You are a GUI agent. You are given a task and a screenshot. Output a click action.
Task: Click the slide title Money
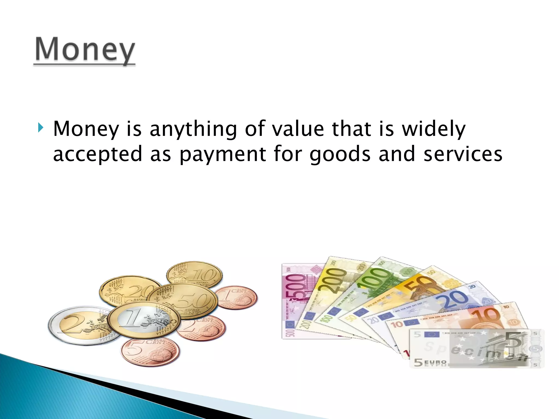tap(85, 50)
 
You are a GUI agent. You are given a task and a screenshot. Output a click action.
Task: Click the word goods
tap(340, 154)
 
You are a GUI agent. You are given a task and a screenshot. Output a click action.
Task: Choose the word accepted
tap(98, 154)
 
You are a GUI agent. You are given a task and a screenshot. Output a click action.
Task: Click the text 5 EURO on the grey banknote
tap(430, 362)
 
